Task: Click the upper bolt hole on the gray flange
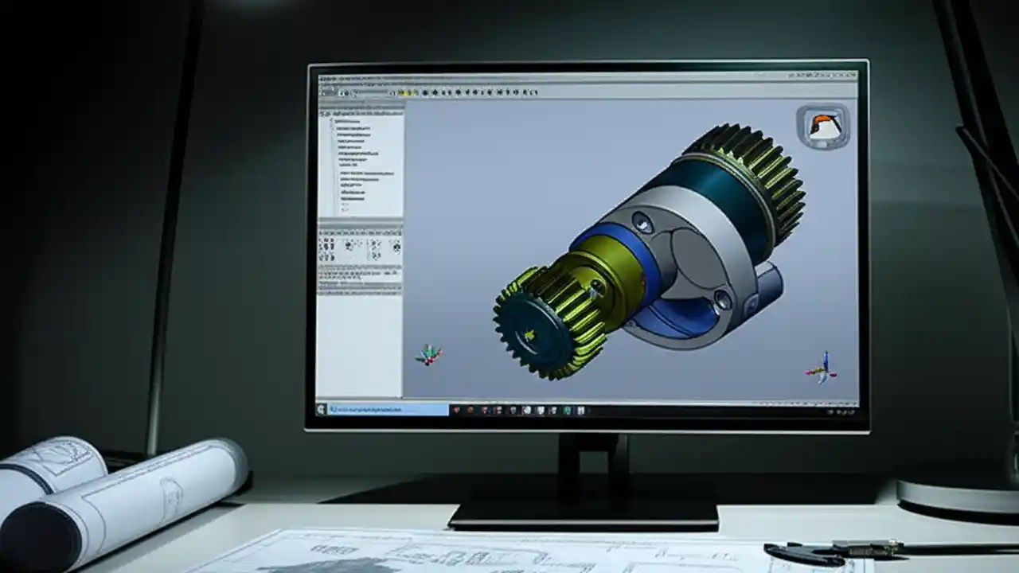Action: [x=642, y=222]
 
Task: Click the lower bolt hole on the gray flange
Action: [x=722, y=300]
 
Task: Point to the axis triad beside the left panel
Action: [x=428, y=355]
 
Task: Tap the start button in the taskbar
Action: [x=322, y=409]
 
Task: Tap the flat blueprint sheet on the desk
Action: [x=478, y=553]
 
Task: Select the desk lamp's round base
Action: [x=955, y=497]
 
